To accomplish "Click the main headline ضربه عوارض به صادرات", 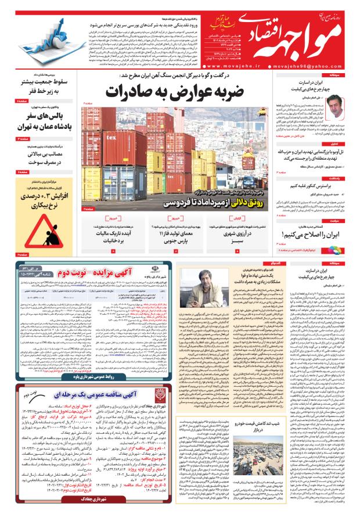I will click(174, 92).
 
